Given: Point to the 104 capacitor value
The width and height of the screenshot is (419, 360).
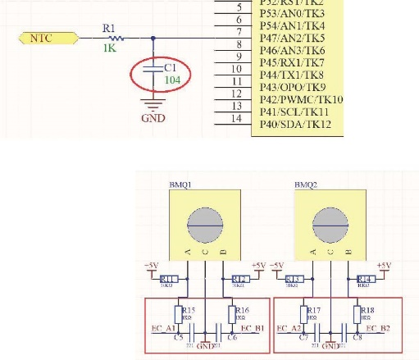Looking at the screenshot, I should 172,80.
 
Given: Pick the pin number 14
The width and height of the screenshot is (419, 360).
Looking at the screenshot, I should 235,118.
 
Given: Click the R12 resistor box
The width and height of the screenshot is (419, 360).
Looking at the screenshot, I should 239,279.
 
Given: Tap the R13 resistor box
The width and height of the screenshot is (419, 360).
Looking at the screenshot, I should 296,279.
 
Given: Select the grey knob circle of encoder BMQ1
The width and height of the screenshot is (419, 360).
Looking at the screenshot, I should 204,222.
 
